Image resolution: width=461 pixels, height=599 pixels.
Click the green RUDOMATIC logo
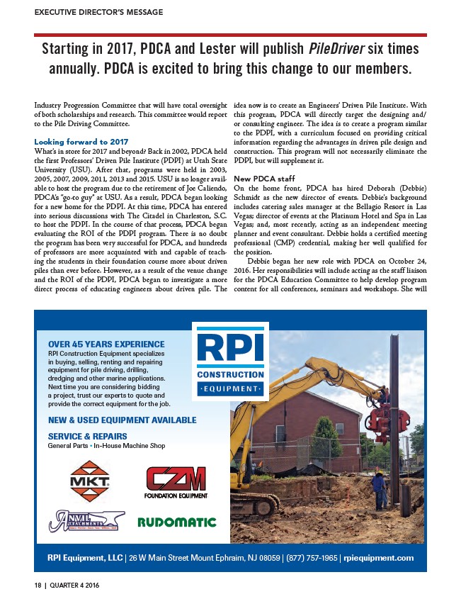176,522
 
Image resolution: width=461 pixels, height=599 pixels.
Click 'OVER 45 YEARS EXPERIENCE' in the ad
101,345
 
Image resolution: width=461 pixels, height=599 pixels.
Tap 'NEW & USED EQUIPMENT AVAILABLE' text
122,420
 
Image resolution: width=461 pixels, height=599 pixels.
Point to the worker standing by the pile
379,493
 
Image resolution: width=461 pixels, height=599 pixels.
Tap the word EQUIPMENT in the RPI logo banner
230,389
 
